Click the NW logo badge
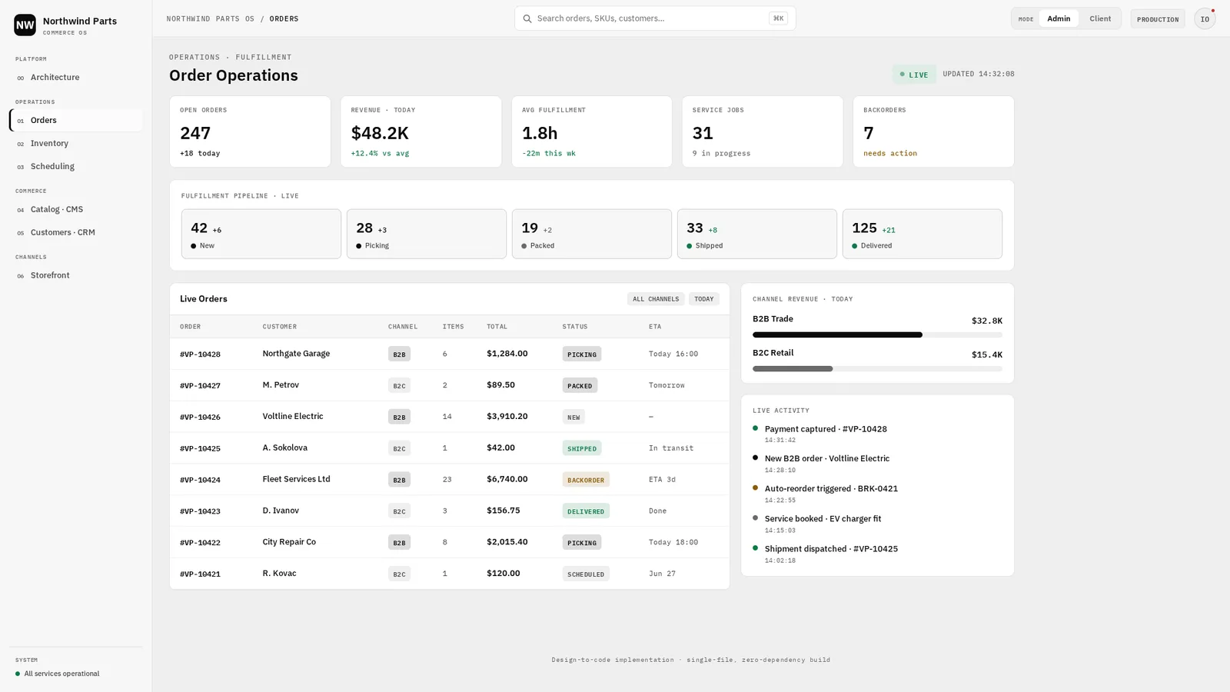tap(25, 25)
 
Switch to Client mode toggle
tap(1100, 18)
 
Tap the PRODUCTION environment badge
tap(1158, 19)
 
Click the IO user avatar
tap(1205, 19)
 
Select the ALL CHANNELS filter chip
tap(656, 299)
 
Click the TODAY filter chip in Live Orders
tap(703, 299)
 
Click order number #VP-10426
tap(200, 417)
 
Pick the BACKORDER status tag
tap(585, 480)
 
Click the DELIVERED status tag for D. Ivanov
tap(585, 511)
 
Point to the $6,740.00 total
tap(507, 480)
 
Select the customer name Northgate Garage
tap(296, 354)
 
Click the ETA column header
tap(654, 327)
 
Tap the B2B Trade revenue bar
tap(837, 335)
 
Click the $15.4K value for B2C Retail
tap(987, 354)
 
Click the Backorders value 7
tap(868, 134)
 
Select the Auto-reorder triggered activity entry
tap(831, 489)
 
